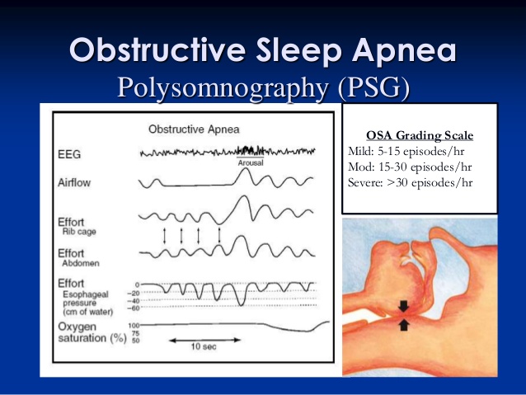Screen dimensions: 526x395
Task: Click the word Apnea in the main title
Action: [x=403, y=50]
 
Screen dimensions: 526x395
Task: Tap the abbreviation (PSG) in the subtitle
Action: [x=373, y=88]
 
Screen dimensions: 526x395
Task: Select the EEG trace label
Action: [x=69, y=154]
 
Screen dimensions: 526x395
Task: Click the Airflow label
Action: [x=74, y=182]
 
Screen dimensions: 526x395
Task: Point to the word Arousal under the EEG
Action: [x=251, y=162]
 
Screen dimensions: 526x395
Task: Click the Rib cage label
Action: [x=79, y=232]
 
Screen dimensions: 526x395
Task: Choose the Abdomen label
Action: [x=81, y=263]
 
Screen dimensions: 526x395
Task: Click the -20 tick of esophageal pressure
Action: [x=134, y=294]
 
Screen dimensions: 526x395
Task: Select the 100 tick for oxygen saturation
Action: [x=134, y=326]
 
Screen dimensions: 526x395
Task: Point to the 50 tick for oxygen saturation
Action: [x=135, y=341]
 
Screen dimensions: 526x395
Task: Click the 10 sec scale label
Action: [x=204, y=346]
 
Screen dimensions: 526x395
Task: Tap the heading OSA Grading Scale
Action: [x=420, y=135]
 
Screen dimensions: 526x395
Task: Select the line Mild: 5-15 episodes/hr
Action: [x=406, y=152]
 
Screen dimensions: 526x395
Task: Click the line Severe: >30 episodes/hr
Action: [x=410, y=182]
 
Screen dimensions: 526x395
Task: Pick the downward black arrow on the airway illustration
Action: [x=403, y=307]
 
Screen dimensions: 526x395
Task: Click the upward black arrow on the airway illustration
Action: [x=404, y=325]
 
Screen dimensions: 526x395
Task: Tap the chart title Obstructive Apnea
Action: [x=194, y=129]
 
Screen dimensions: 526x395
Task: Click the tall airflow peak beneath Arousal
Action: [x=246, y=170]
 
